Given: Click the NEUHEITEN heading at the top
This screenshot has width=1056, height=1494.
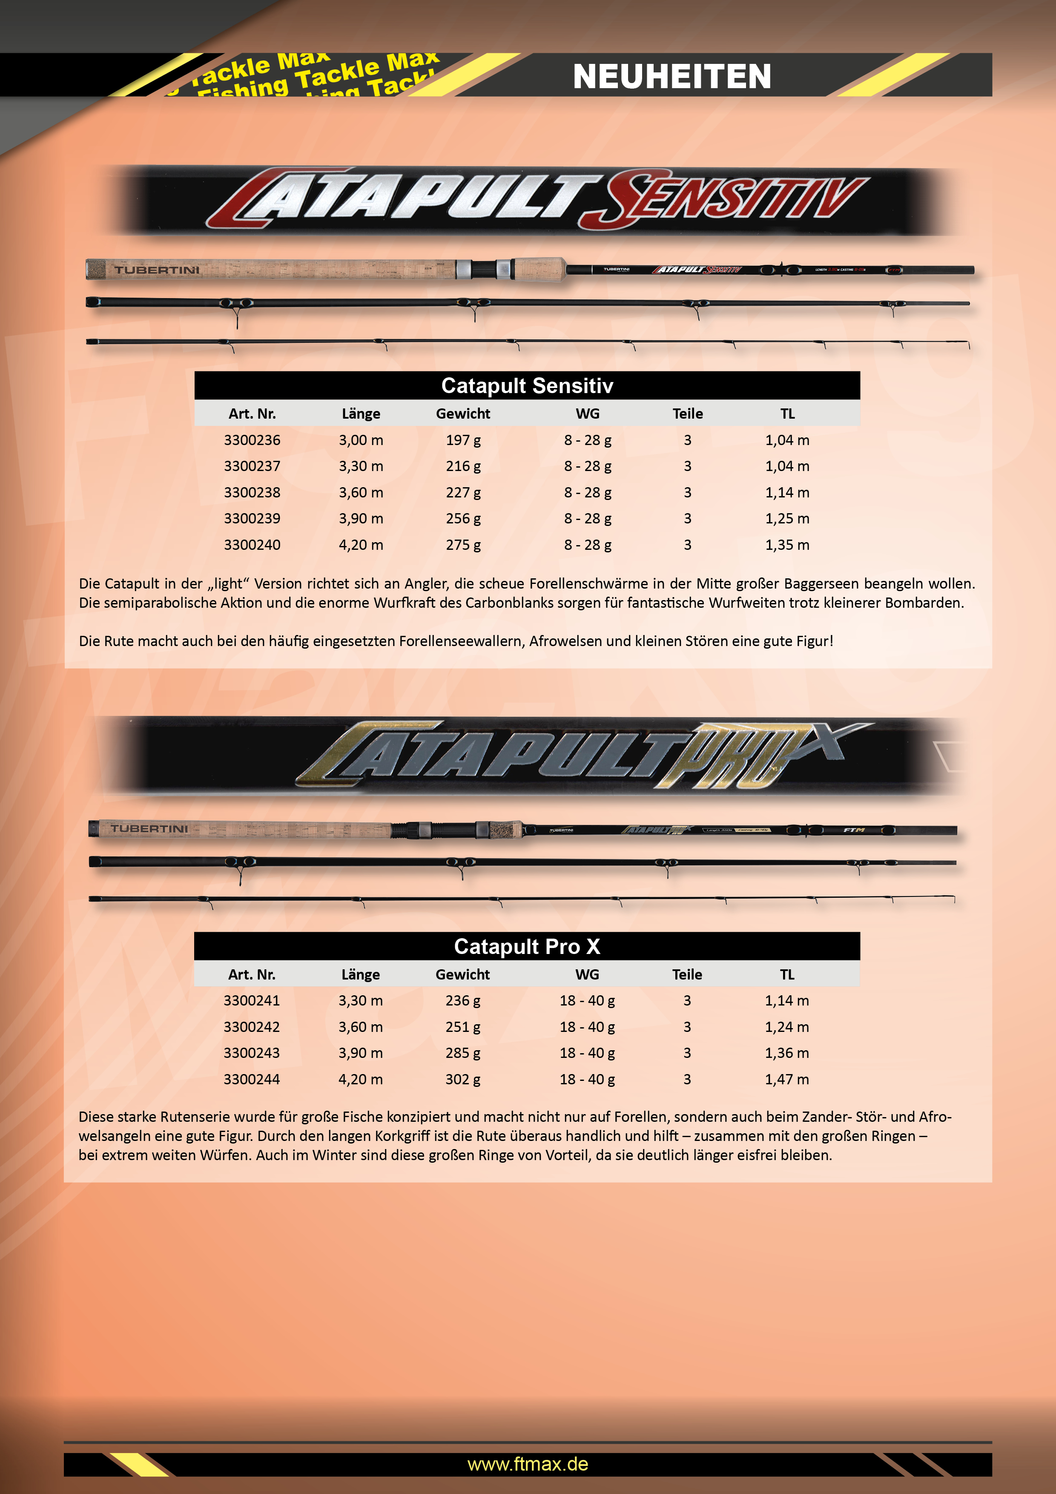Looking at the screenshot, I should (671, 76).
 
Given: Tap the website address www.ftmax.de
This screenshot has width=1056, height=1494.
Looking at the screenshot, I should (528, 1464).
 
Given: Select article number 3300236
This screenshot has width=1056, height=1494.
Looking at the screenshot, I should (252, 440).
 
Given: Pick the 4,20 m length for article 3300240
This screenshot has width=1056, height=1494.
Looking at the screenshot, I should (361, 545).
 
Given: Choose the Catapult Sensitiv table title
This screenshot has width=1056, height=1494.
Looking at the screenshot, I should (527, 386).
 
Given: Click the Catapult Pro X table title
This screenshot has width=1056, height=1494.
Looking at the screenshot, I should (527, 946).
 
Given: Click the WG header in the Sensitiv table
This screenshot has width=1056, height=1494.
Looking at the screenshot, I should (588, 414).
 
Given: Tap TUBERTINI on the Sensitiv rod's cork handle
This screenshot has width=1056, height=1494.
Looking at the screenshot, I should (157, 270).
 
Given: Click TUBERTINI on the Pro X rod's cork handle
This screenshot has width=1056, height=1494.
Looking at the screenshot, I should (149, 828).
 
